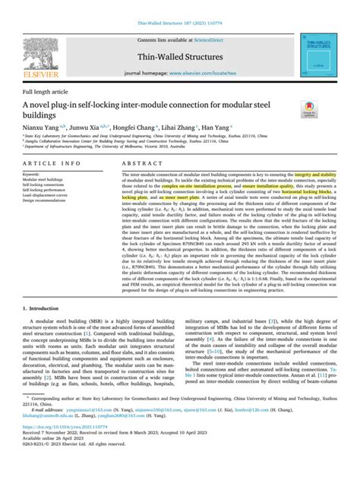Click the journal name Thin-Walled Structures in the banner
pyautogui.click(x=179, y=58)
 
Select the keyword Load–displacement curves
pyautogui.click(x=52, y=194)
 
